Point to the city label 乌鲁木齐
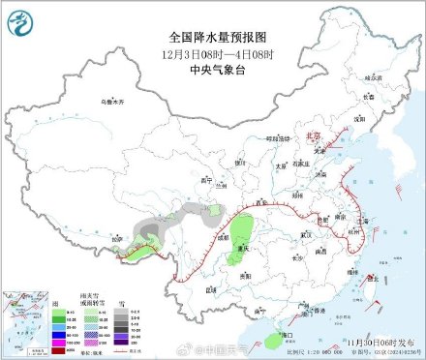pyautogui.click(x=114, y=100)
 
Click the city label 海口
pyautogui.click(x=287, y=334)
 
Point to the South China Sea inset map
pyautogui.click(x=27, y=318)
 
